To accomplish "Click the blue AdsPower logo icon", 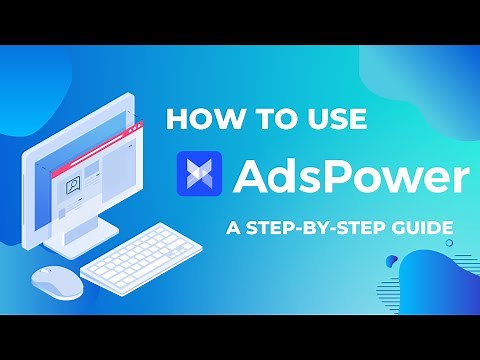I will click(200, 174).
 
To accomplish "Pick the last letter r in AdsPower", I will click(459, 178).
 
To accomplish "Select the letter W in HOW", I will click(220, 119).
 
